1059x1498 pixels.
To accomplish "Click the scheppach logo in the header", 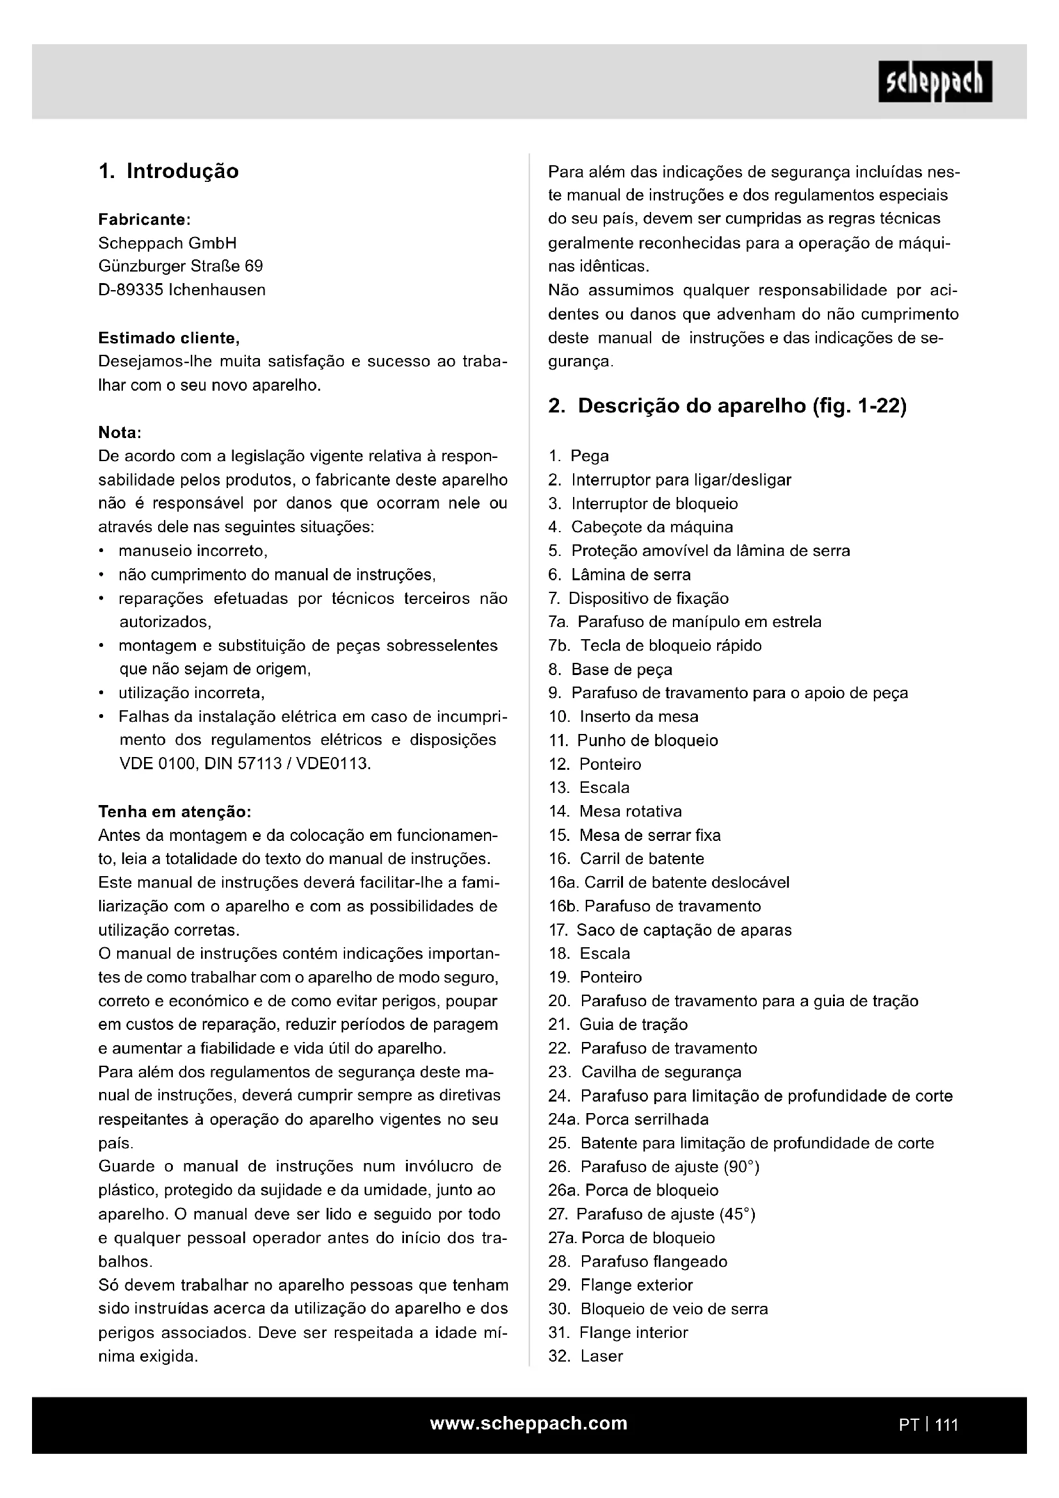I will [x=934, y=81].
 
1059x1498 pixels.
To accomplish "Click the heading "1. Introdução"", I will [x=168, y=172].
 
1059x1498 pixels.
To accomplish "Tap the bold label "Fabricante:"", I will [x=144, y=219].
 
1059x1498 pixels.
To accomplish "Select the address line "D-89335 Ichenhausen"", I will [x=182, y=289].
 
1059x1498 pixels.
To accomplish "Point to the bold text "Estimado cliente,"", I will [x=169, y=338].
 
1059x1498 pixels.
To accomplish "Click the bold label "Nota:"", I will [x=120, y=432].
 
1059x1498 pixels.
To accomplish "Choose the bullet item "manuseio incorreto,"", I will [x=193, y=551].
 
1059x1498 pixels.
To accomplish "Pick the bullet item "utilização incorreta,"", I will [x=191, y=692].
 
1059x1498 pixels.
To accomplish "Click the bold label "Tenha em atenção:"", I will [x=174, y=811].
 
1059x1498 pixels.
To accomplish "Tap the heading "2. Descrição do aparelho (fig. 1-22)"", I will [x=727, y=407].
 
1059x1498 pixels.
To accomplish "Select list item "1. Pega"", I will [x=579, y=456].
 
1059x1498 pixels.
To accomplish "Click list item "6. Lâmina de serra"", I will [x=620, y=574].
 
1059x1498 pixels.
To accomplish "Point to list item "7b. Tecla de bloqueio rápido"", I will [x=655, y=646].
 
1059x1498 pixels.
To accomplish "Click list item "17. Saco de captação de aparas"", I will [x=670, y=930].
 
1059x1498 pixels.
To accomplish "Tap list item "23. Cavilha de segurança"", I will [x=645, y=1072].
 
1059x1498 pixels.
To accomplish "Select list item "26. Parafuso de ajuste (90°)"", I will [x=654, y=1166].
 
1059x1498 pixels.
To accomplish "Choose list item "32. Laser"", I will [x=586, y=1356].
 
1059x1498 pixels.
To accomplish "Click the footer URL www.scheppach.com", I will [x=529, y=1423].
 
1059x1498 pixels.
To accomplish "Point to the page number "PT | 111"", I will [x=928, y=1424].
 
